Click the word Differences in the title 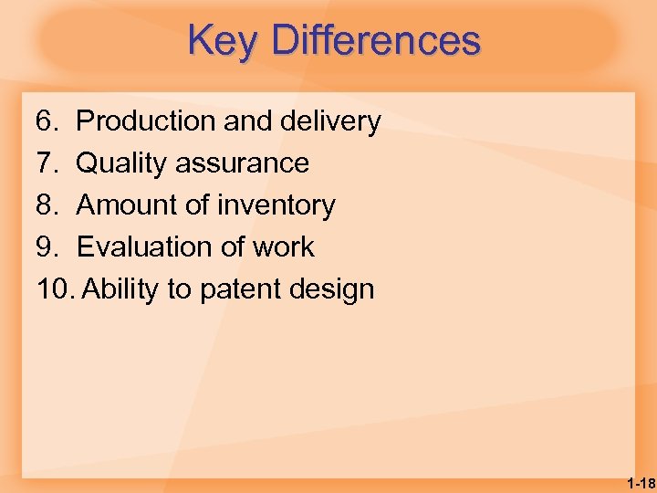[376, 41]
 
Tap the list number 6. [47, 121]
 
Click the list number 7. [47, 163]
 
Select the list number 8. [47, 205]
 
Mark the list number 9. [47, 247]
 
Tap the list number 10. [54, 289]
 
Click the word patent [240, 290]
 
